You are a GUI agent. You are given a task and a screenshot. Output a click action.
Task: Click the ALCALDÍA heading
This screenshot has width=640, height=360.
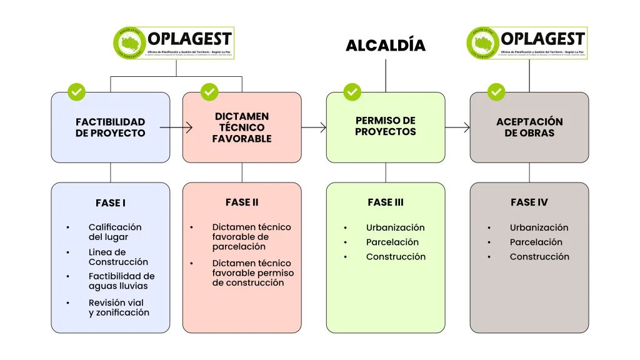385,45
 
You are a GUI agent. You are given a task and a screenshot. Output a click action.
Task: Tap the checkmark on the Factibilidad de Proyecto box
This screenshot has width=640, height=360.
76,92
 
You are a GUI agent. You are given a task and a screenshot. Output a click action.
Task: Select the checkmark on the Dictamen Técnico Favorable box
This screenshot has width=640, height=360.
209,92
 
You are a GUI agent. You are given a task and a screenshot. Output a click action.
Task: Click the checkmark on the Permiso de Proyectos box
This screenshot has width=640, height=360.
352,92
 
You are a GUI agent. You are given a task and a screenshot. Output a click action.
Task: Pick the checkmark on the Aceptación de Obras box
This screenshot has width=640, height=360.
496,92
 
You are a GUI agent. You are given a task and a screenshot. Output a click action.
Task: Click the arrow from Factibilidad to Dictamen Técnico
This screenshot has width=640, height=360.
176,127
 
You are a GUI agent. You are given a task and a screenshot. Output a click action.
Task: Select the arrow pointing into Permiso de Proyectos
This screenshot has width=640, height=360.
314,127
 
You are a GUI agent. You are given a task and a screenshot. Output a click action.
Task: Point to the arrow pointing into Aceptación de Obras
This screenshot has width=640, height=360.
457,127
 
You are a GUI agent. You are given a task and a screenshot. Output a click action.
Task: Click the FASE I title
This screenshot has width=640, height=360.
111,203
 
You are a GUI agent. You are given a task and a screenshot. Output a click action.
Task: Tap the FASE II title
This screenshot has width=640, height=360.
242,202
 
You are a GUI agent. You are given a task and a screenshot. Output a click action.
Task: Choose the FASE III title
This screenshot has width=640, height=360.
386,202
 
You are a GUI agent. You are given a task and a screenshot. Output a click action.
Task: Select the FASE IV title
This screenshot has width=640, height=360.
529,202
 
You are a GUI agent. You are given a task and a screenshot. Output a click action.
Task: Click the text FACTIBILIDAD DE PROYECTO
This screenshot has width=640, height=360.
110,127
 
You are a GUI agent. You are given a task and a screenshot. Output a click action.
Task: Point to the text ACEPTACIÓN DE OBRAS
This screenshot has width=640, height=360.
529,127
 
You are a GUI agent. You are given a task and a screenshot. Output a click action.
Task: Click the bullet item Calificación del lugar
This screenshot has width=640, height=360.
115,232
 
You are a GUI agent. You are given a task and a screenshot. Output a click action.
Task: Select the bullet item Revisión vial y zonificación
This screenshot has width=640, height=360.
119,307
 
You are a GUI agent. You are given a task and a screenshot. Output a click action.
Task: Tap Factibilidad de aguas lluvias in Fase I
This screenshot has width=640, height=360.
121,281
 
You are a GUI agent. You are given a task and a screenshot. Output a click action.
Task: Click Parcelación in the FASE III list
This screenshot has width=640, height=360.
392,242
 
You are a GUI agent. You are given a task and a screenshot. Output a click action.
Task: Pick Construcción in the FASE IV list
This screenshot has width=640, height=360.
539,256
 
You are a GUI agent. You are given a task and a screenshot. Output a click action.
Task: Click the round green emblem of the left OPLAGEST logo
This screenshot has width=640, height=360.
129,44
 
